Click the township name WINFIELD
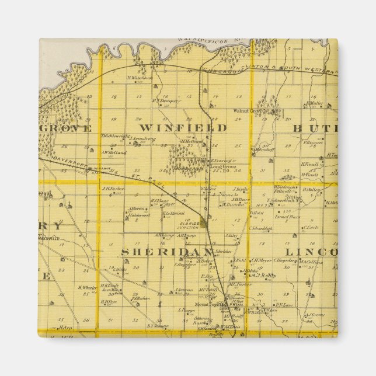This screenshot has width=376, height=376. [x=183, y=127]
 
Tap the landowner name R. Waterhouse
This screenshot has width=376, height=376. [x=140, y=76]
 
